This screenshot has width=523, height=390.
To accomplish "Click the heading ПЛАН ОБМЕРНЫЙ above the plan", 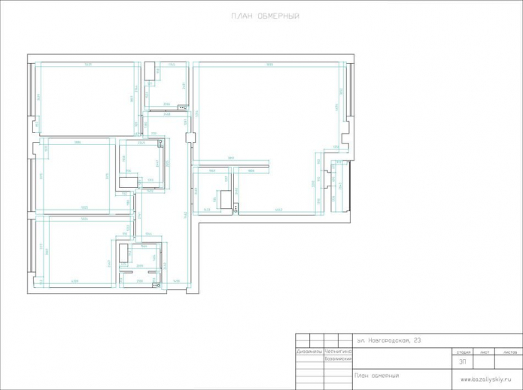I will (262, 16).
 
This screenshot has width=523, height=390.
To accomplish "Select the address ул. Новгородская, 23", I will (389, 340).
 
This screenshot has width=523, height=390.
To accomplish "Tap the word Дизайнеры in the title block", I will (309, 351).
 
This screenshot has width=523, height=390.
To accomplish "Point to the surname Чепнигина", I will (338, 351).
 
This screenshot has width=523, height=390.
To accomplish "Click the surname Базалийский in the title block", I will (338, 358).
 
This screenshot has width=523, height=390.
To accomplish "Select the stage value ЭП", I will (462, 361).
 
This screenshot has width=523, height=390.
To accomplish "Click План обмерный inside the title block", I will (376, 375).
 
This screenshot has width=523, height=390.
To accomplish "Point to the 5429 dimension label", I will (88, 65).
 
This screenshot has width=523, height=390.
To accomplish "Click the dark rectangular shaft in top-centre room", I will (149, 72).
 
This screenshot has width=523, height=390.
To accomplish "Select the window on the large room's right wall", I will (351, 90).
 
